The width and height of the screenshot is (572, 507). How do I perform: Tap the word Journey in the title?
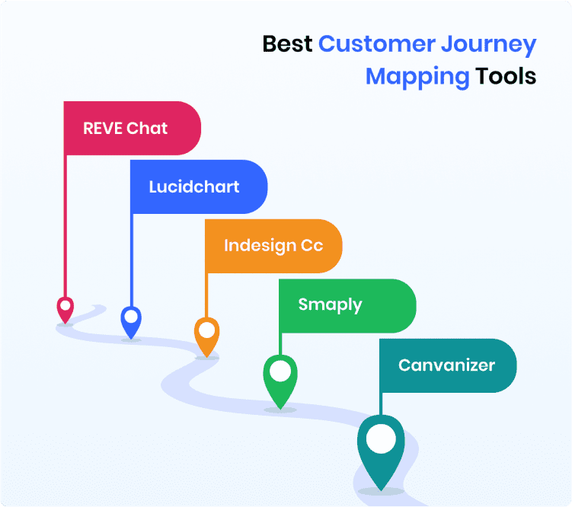[x=488, y=44]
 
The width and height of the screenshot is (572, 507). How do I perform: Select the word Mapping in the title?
[x=417, y=77]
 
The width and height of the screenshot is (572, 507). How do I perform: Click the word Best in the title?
[x=287, y=44]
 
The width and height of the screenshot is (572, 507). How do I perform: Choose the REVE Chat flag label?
[x=126, y=128]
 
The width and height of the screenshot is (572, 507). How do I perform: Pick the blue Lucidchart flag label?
[x=194, y=187]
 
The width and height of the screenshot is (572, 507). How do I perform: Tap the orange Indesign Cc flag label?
[x=273, y=246]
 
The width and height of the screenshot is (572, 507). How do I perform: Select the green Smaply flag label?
[x=331, y=305]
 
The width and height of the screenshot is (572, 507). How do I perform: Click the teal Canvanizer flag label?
[x=446, y=365]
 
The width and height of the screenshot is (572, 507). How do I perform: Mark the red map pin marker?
[x=66, y=309]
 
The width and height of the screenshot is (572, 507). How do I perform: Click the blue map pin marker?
[x=132, y=321]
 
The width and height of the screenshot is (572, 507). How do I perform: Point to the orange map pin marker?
[x=206, y=336]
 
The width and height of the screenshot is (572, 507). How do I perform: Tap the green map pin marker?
[x=280, y=379]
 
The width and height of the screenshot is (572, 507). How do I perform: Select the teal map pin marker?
[x=381, y=449]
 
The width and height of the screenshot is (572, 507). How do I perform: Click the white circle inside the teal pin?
[x=381, y=439]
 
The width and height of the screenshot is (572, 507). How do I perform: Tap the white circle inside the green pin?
[x=280, y=371]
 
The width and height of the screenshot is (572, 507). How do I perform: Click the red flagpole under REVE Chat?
[x=66, y=228]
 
